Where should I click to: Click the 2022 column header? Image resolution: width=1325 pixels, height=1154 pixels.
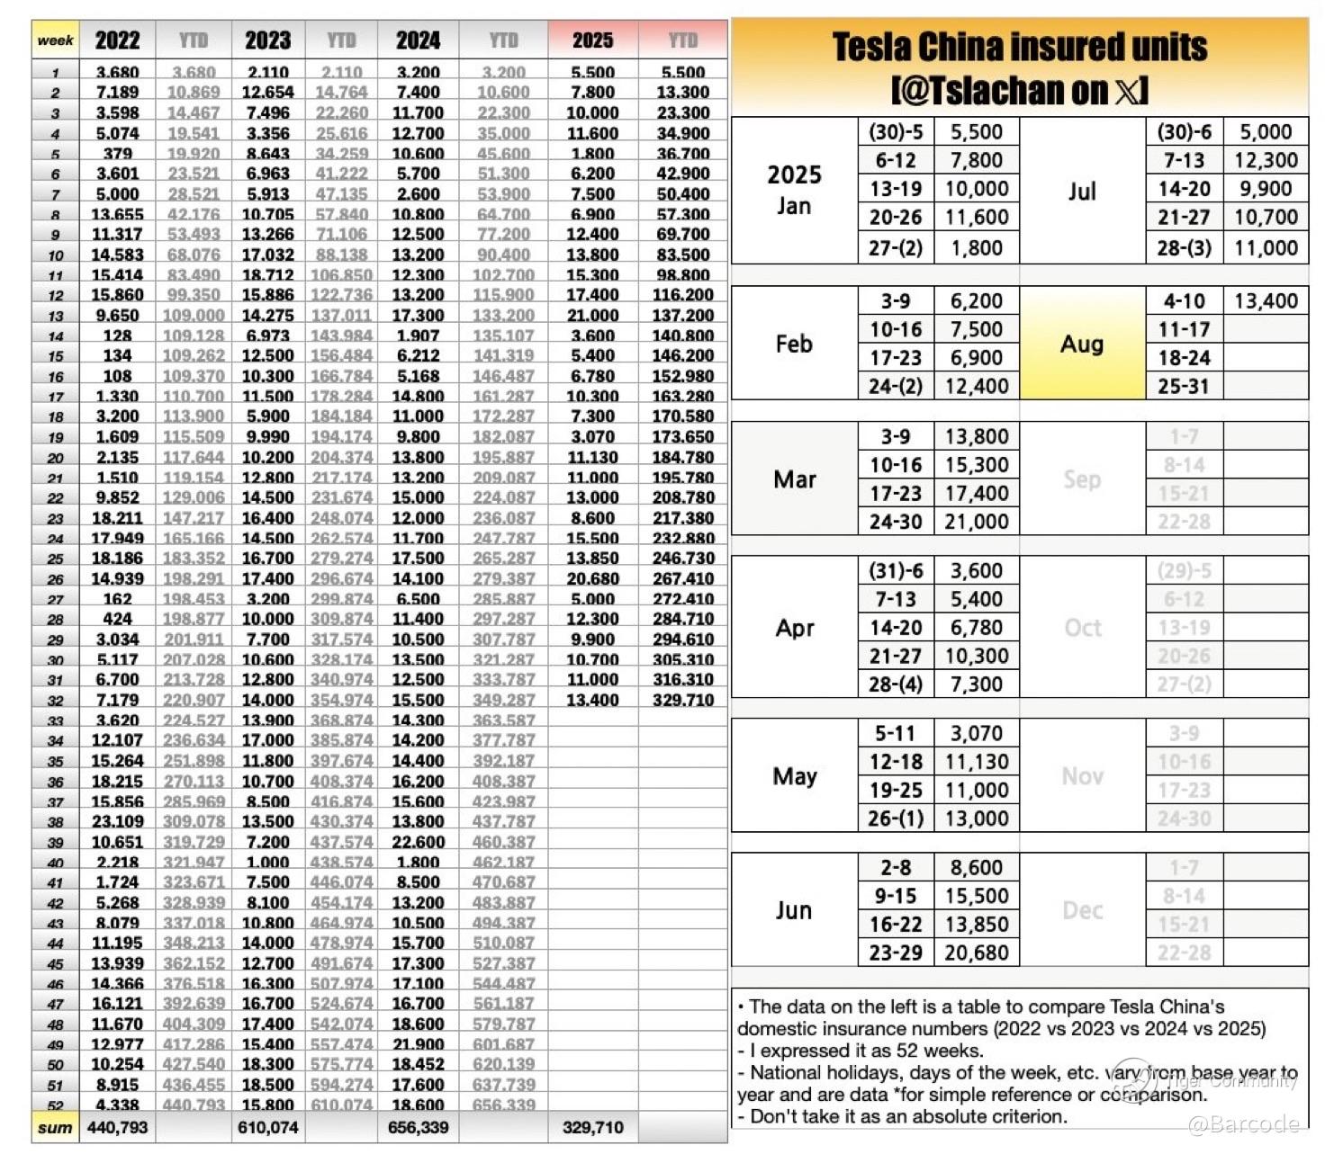(x=117, y=40)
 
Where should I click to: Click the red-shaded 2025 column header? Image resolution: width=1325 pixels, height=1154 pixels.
(x=592, y=40)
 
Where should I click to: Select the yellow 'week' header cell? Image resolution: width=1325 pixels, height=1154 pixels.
(x=56, y=40)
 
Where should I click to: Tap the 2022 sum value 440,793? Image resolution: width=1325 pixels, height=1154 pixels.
(x=117, y=1128)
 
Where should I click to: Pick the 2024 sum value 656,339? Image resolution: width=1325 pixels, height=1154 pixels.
(x=418, y=1128)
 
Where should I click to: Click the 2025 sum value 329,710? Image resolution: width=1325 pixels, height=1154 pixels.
(x=592, y=1128)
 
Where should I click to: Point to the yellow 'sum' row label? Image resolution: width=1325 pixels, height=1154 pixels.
(x=56, y=1128)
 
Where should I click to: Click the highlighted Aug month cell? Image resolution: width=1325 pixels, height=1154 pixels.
(x=1082, y=344)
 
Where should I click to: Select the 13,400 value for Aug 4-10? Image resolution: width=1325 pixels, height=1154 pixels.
(x=1266, y=301)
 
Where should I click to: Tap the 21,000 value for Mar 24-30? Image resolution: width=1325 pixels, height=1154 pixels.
(x=977, y=522)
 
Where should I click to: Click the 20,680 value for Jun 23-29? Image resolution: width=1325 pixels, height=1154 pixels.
(x=977, y=953)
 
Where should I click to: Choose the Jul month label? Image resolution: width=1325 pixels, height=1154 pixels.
(x=1082, y=191)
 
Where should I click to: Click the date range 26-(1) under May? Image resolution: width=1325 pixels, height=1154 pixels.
(x=896, y=819)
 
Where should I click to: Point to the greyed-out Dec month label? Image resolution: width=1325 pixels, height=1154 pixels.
(x=1082, y=910)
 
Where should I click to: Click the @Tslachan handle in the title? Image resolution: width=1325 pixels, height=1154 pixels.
(x=981, y=91)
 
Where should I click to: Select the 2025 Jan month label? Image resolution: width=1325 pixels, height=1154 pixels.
(x=794, y=189)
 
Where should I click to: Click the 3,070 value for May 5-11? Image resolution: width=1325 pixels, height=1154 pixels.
(x=977, y=734)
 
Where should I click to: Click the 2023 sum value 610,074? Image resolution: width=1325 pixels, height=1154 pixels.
(x=268, y=1128)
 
